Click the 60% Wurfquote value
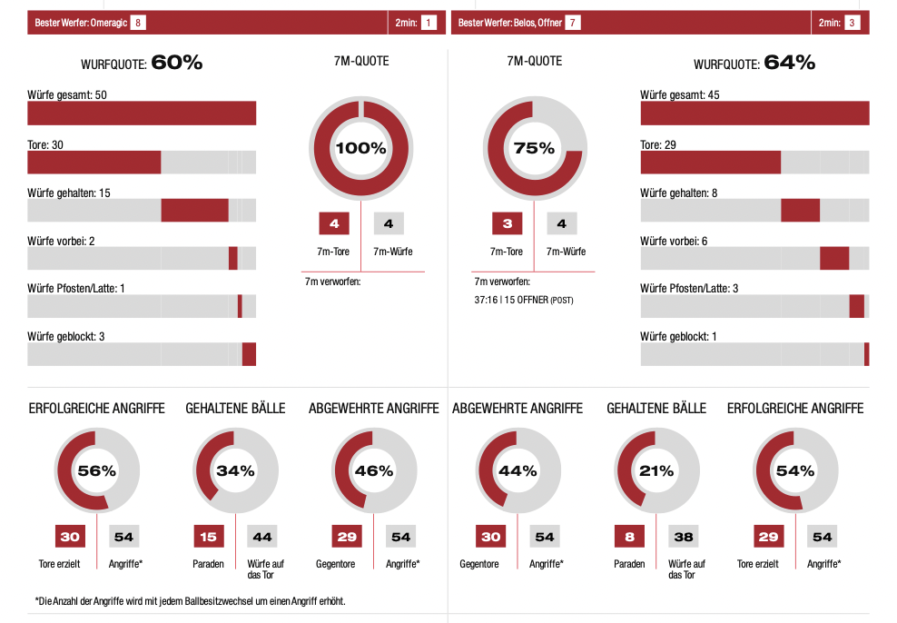point(176,63)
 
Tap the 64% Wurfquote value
point(789,63)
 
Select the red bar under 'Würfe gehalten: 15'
point(194,210)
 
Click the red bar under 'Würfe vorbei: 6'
point(833,258)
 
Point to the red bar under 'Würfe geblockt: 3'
point(249,354)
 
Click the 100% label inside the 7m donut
point(361,149)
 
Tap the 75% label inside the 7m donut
point(534,149)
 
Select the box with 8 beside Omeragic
point(138,23)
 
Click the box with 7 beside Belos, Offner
point(573,23)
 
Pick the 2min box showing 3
point(852,23)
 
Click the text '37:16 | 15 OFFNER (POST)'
point(524,300)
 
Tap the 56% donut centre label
point(97,471)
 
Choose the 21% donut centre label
point(656,471)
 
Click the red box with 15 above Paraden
point(208,537)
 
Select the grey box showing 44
point(262,537)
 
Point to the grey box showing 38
point(684,537)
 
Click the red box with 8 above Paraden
point(629,537)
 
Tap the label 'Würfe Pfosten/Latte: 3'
point(689,289)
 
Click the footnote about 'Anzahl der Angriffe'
point(190,601)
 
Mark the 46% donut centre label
point(374,471)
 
